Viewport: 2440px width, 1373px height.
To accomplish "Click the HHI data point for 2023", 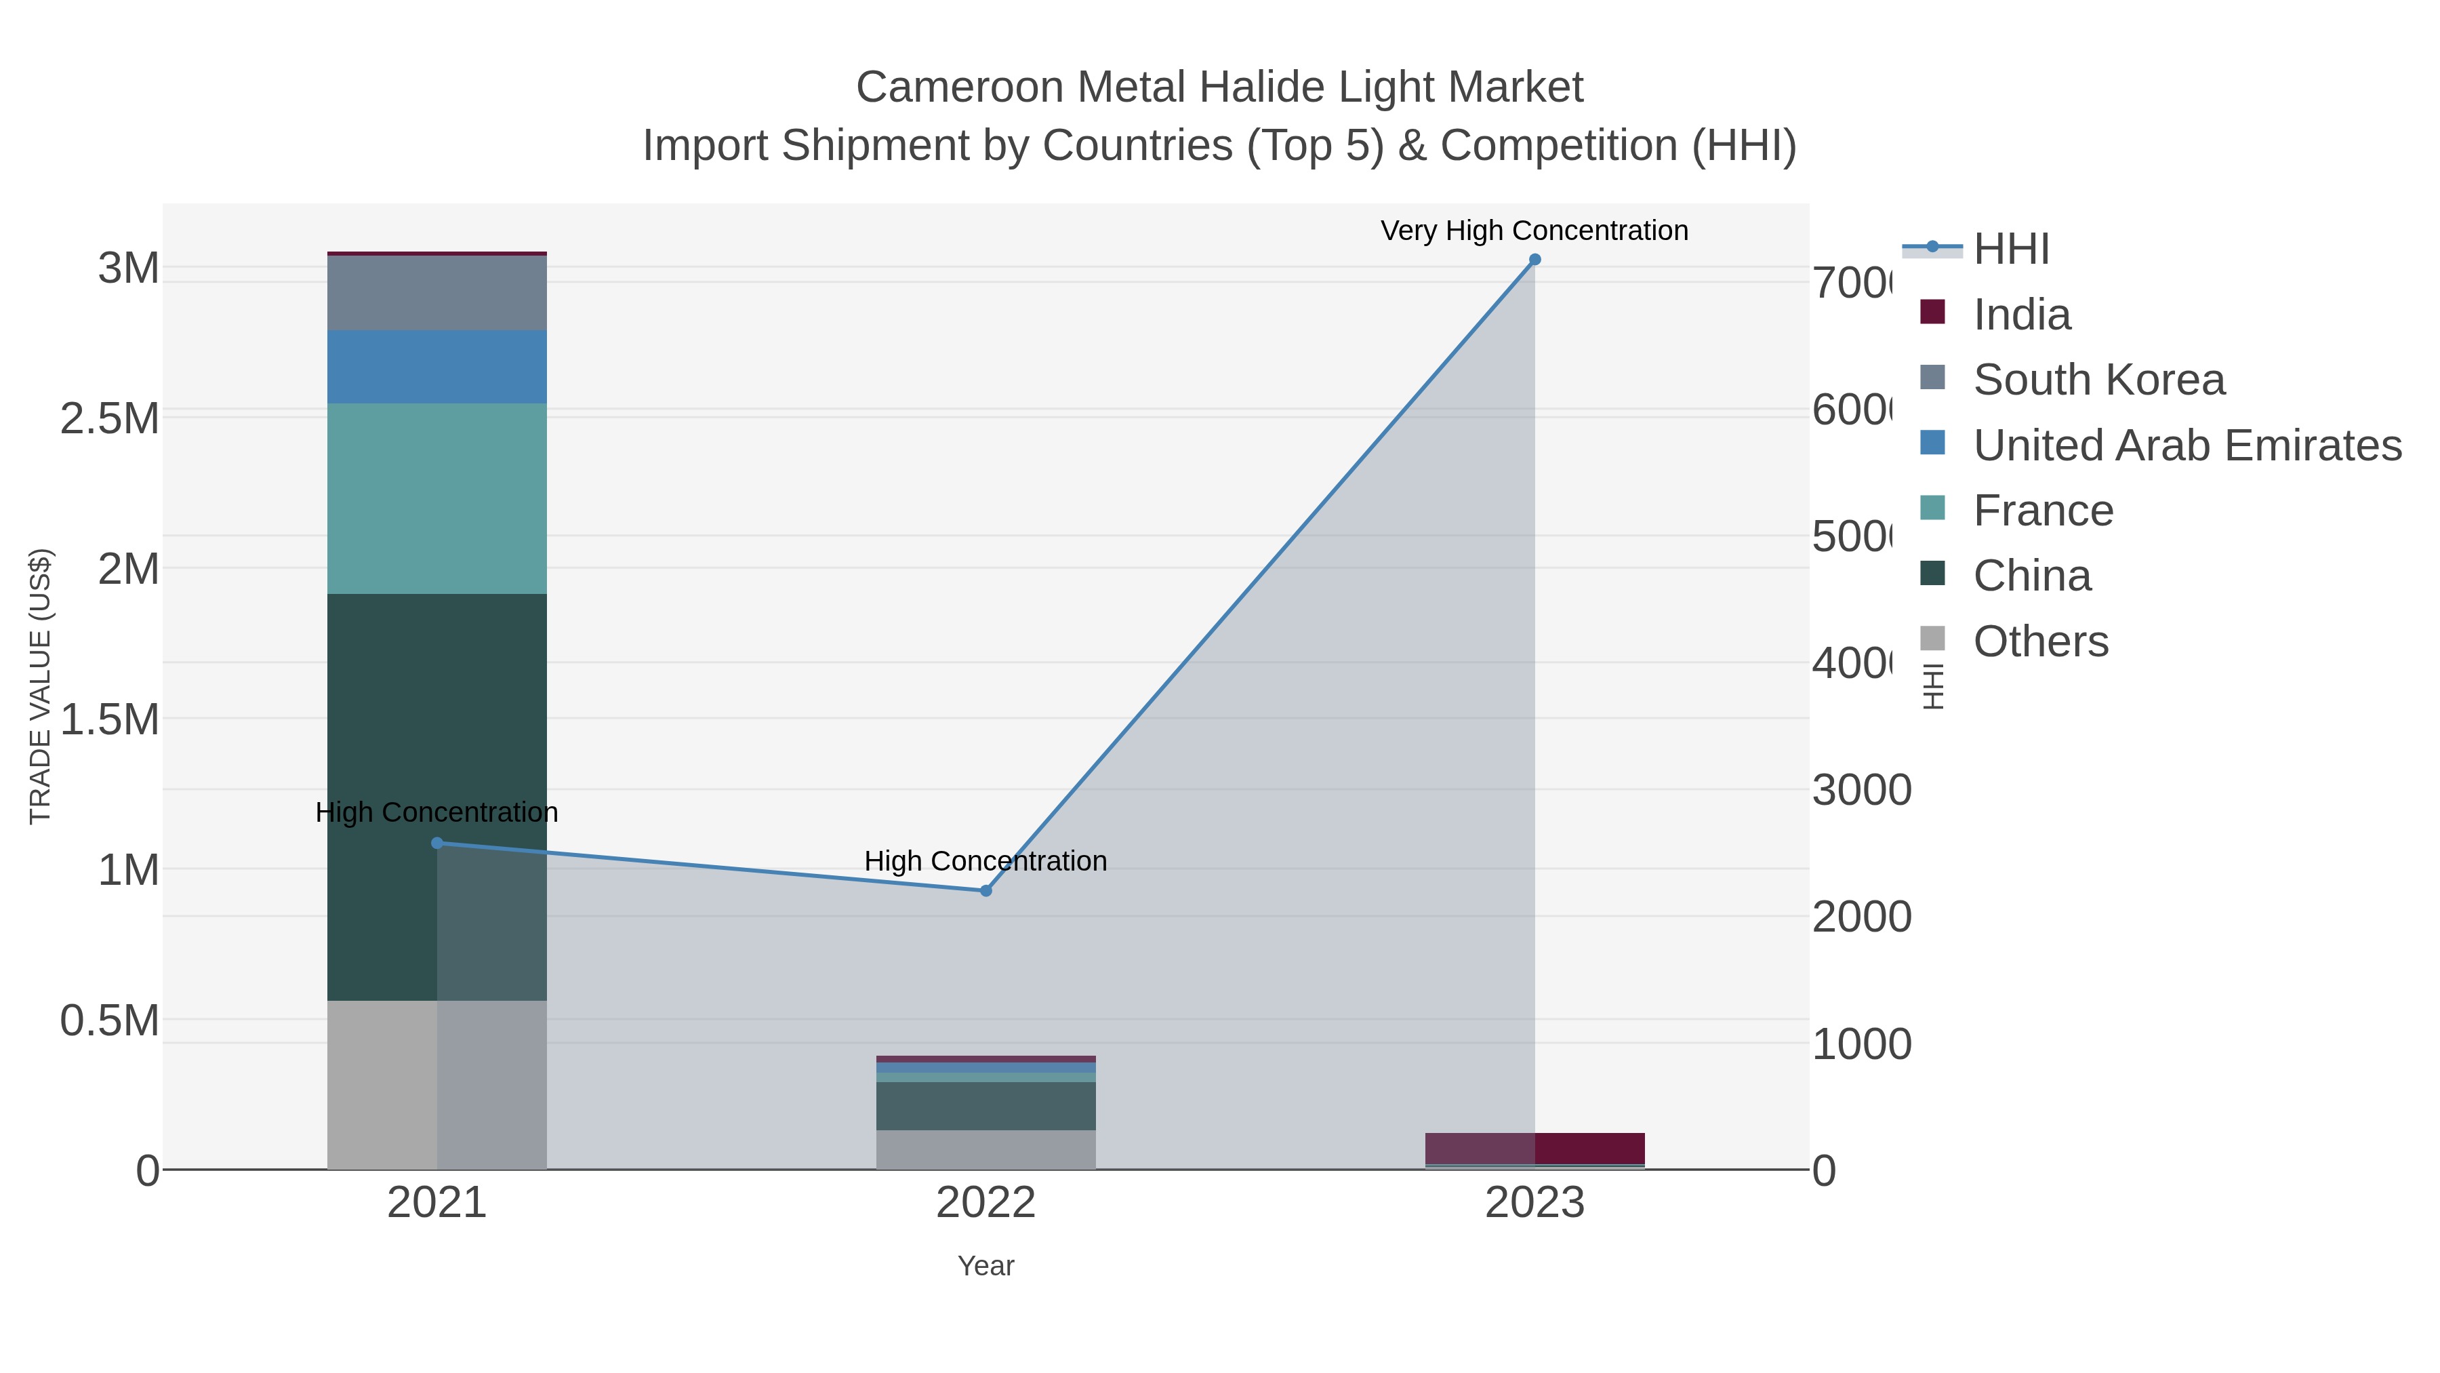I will pyautogui.click(x=1534, y=260).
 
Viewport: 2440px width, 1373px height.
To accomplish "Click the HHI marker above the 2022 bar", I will pyautogui.click(x=985, y=891).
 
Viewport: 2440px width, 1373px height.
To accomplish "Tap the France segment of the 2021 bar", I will pyautogui.click(x=436, y=498).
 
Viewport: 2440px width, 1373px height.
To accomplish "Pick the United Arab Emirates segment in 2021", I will pyautogui.click(x=436, y=367).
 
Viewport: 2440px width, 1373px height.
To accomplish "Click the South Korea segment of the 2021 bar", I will pyautogui.click(x=436, y=293).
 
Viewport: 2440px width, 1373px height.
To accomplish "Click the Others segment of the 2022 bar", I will pyautogui.click(x=985, y=1149).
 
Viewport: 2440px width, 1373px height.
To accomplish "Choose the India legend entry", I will pyautogui.click(x=2021, y=315).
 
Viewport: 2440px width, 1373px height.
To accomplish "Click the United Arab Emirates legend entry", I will pyautogui.click(x=2186, y=445).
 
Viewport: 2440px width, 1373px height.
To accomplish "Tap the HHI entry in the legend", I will pyautogui.click(x=2010, y=250).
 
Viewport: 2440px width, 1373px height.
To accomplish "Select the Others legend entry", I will pyautogui.click(x=2040, y=641).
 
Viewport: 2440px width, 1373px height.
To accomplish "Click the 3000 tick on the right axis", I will pyautogui.click(x=1861, y=791).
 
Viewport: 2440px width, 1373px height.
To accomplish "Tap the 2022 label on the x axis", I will pyautogui.click(x=985, y=1202).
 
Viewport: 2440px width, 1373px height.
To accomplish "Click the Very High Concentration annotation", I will pyautogui.click(x=1534, y=231).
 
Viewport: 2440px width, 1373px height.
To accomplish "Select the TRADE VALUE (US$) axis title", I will pyautogui.click(x=40, y=686).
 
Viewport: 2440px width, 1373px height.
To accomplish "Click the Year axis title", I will pyautogui.click(x=985, y=1266).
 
